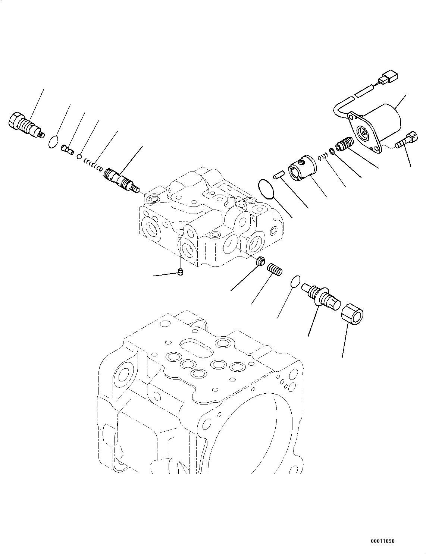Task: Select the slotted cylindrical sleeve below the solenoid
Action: point(302,168)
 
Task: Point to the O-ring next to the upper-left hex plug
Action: point(54,142)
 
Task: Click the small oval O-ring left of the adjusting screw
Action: point(295,281)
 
